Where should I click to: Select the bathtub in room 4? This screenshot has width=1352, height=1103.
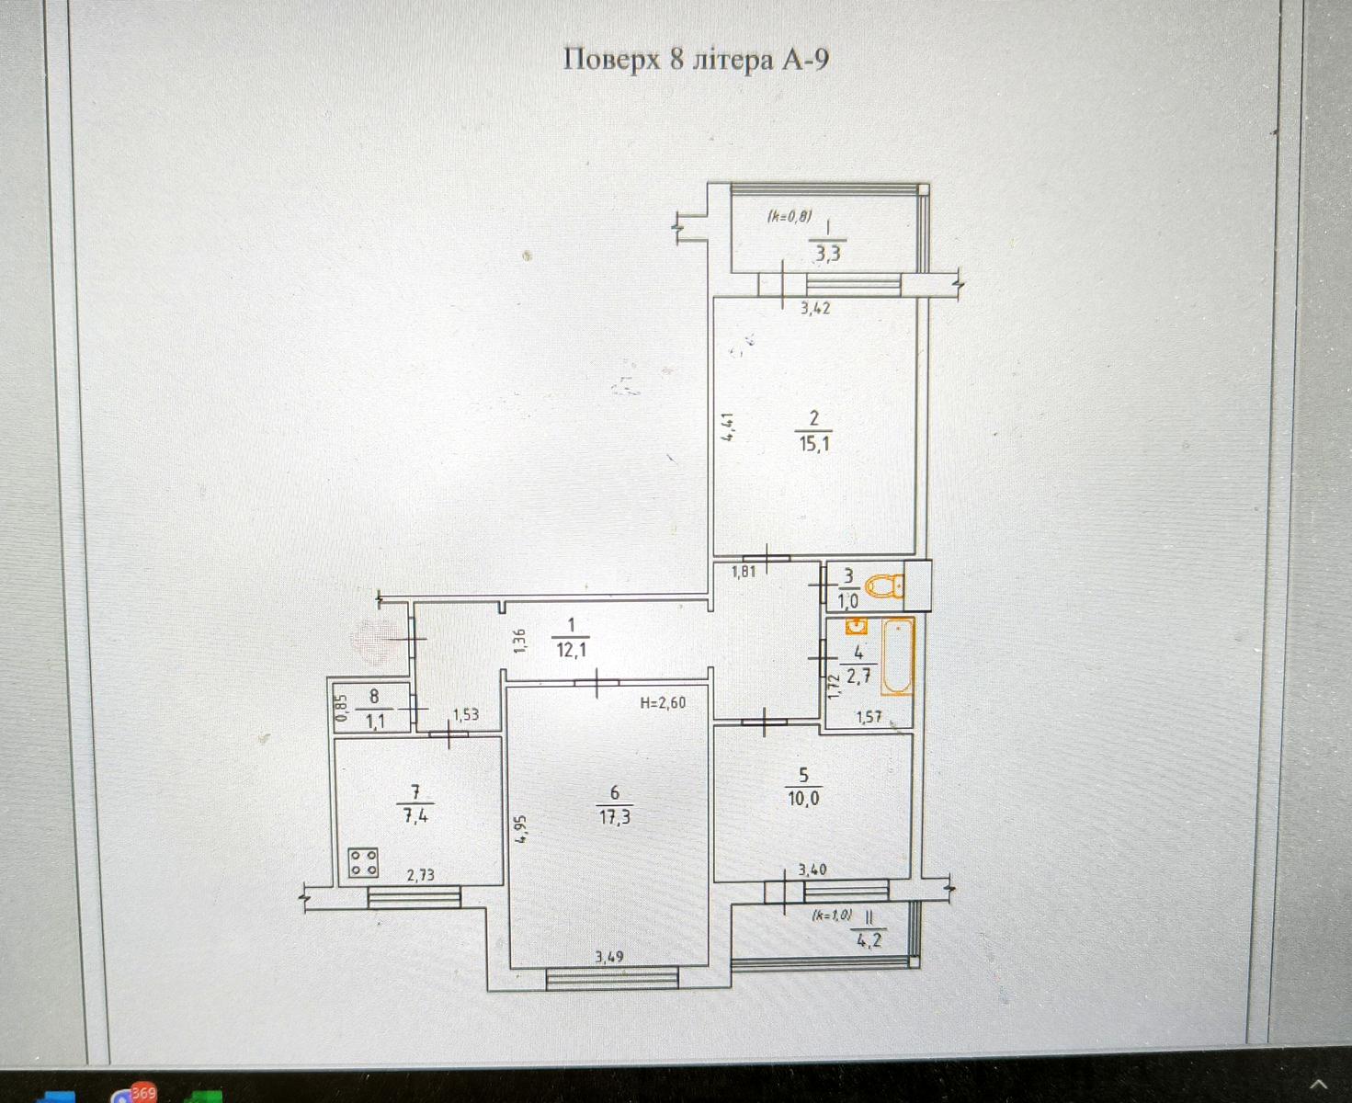(897, 656)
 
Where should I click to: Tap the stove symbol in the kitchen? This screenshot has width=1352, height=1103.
(363, 862)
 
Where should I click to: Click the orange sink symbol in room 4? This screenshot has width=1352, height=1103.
(857, 626)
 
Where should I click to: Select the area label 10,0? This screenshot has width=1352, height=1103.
(803, 799)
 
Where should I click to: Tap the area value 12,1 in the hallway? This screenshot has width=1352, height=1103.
(571, 651)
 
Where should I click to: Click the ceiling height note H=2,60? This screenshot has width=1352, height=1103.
(663, 703)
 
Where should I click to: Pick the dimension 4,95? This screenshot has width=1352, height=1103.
(520, 828)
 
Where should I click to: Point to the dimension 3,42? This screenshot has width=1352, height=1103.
(815, 309)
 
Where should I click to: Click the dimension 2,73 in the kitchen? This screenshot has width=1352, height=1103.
(421, 875)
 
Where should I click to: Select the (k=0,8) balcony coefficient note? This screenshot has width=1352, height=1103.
(790, 217)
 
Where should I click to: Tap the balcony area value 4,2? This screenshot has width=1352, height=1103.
(869, 940)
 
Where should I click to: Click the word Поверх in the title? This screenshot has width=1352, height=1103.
(611, 60)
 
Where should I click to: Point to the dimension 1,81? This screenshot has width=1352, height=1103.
(744, 572)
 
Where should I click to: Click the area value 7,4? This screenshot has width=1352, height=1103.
(415, 817)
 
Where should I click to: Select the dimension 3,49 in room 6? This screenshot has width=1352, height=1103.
(609, 958)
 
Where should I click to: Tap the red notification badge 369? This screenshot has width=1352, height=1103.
(143, 1091)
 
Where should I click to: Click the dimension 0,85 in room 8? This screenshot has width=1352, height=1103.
(342, 708)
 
